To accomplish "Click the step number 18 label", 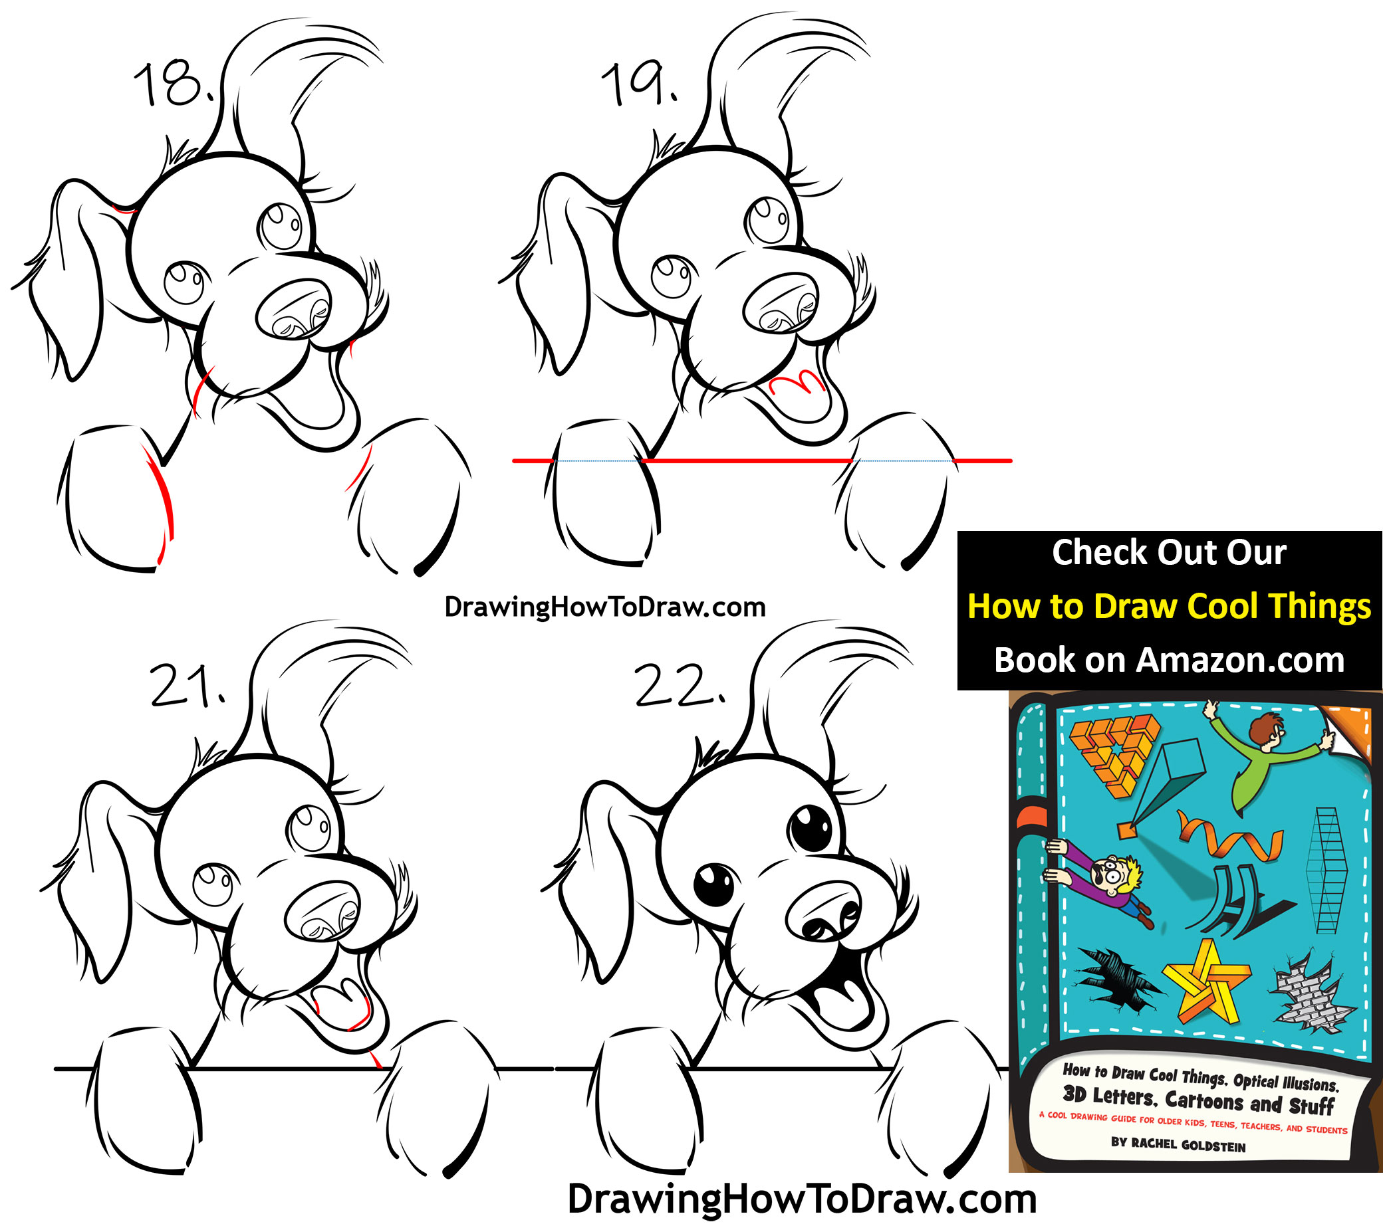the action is [175, 84].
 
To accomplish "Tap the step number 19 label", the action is [639, 84].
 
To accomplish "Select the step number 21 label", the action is [188, 686].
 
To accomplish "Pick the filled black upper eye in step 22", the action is [809, 827].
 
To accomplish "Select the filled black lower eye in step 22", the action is [714, 884].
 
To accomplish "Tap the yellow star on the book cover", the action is [1207, 982].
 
